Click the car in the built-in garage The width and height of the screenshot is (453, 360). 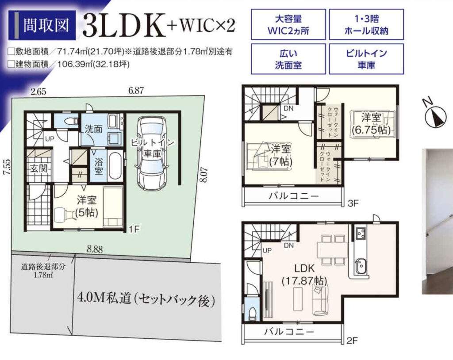pyautogui.click(x=150, y=153)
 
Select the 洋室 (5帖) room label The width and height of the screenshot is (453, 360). pyautogui.click(x=86, y=206)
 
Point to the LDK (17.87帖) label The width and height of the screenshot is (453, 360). pyautogui.click(x=304, y=274)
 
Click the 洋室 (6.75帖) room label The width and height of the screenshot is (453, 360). pyautogui.click(x=371, y=124)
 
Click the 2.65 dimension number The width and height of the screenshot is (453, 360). pyautogui.click(x=38, y=92)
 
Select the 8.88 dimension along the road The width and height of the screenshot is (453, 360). pyautogui.click(x=95, y=249)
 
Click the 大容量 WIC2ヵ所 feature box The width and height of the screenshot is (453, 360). pyautogui.click(x=288, y=24)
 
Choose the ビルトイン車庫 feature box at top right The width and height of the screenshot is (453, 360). pyautogui.click(x=366, y=59)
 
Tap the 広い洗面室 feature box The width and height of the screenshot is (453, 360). pyautogui.click(x=288, y=59)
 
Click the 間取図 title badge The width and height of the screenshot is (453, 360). pyautogui.click(x=42, y=25)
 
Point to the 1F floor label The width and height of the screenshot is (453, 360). pyautogui.click(x=134, y=230)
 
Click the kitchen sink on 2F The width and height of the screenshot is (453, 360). pyautogui.click(x=360, y=267)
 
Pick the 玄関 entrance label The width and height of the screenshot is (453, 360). pyautogui.click(x=39, y=169)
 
